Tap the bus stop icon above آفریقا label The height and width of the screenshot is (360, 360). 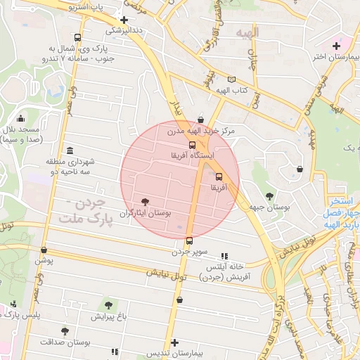(218, 177)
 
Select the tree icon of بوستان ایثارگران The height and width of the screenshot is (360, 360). (146, 202)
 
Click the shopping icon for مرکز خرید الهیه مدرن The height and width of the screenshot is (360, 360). (202, 120)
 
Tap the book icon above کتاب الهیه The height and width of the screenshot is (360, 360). (231, 80)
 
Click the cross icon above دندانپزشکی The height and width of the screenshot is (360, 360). (124, 20)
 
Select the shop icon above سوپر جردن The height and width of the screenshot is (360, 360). (189, 240)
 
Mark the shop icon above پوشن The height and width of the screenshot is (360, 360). (44, 250)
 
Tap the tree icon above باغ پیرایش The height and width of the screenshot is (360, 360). (108, 304)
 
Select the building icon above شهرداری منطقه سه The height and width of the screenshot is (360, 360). (69, 150)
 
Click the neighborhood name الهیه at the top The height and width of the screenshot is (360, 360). (247, 32)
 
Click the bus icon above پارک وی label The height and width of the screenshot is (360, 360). (77, 38)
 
